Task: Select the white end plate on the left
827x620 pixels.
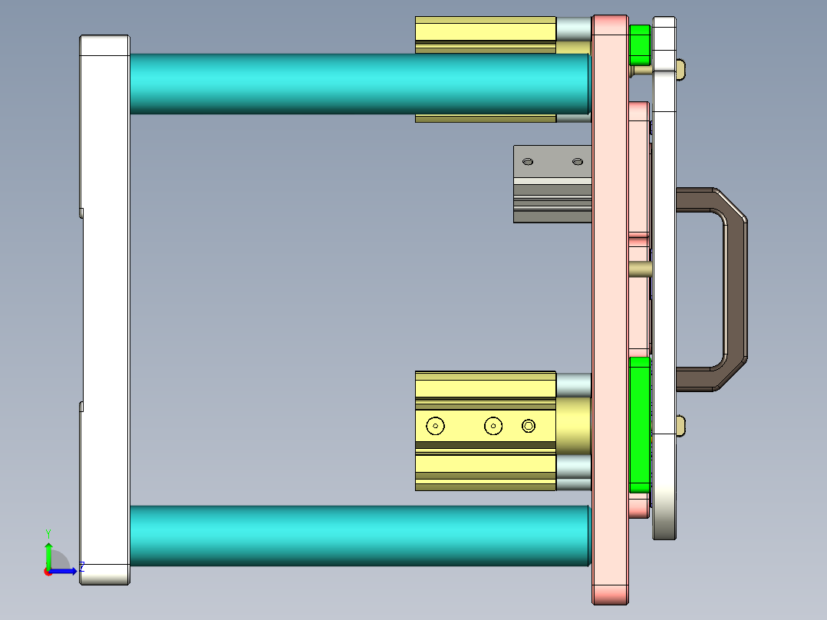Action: [104, 307]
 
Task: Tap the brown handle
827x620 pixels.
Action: [734, 292]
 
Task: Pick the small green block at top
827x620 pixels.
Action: [640, 45]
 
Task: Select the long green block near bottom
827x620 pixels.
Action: [639, 424]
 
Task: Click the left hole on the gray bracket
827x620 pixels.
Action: [528, 162]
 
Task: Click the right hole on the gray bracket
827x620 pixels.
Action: [578, 162]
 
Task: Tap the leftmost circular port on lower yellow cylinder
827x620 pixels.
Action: [436, 425]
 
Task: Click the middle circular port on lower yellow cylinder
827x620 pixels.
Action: [493, 425]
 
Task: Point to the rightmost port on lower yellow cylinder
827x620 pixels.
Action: [529, 425]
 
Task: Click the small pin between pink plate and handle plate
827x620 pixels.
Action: [640, 269]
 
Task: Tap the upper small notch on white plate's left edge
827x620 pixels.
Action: [81, 212]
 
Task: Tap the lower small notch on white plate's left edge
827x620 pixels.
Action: [81, 406]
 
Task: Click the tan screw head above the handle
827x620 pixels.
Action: [681, 71]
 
